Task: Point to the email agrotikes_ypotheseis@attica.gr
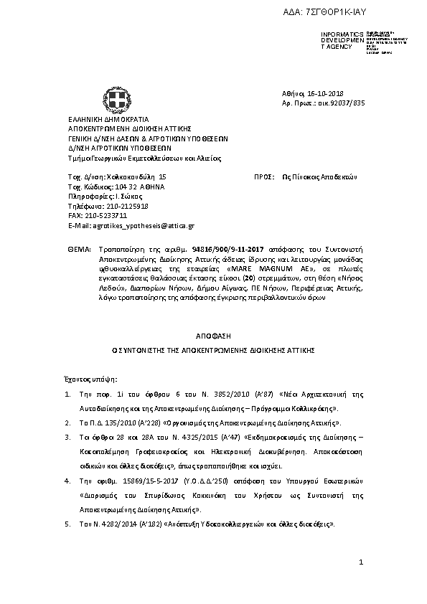click(x=142, y=225)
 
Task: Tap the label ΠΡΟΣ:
click(x=265, y=176)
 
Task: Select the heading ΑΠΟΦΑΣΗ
click(x=213, y=336)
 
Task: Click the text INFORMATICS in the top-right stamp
click(x=337, y=34)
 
